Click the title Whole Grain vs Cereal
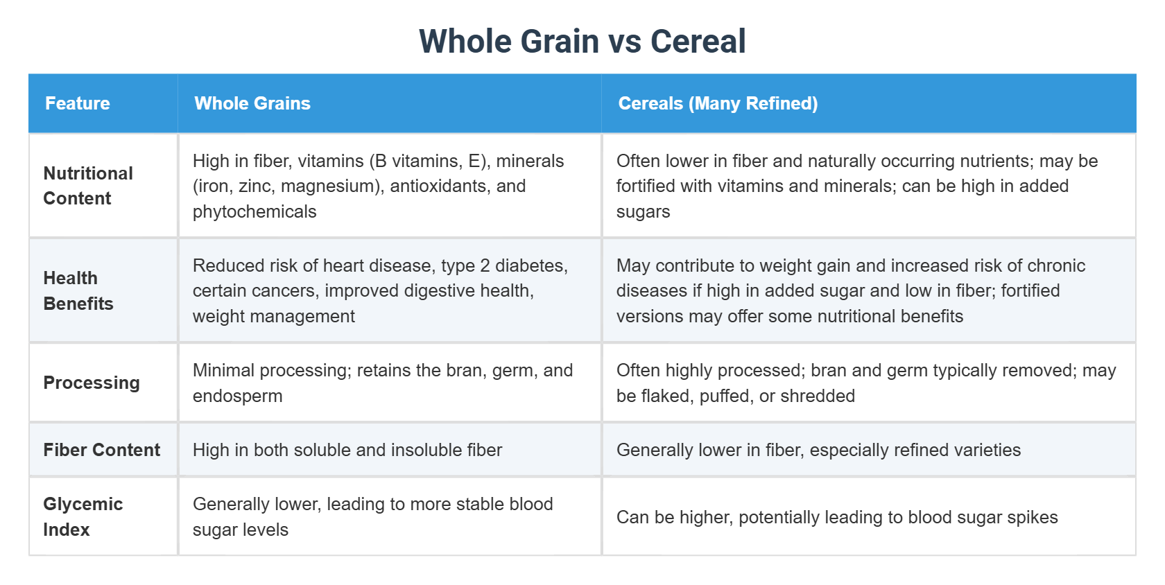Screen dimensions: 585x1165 click(582, 42)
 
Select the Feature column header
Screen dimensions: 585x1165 click(78, 103)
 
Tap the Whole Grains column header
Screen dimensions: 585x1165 click(252, 103)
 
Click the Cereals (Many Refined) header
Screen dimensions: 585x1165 click(718, 103)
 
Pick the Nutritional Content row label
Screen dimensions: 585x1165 click(88, 186)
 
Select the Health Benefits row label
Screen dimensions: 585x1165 click(78, 290)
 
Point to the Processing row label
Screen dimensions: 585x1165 click(92, 383)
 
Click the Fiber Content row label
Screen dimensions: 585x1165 click(101, 450)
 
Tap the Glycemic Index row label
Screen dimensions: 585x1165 click(83, 516)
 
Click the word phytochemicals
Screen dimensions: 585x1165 click(254, 211)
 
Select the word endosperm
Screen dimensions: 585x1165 click(238, 396)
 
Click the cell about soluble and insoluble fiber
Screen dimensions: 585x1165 click(347, 450)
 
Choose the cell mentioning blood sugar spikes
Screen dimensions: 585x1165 click(837, 517)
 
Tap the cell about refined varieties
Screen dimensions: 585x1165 click(818, 450)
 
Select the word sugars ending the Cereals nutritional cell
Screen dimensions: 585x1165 click(643, 211)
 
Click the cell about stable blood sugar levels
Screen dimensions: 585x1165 click(372, 516)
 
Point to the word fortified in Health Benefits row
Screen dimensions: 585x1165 click(1030, 290)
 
